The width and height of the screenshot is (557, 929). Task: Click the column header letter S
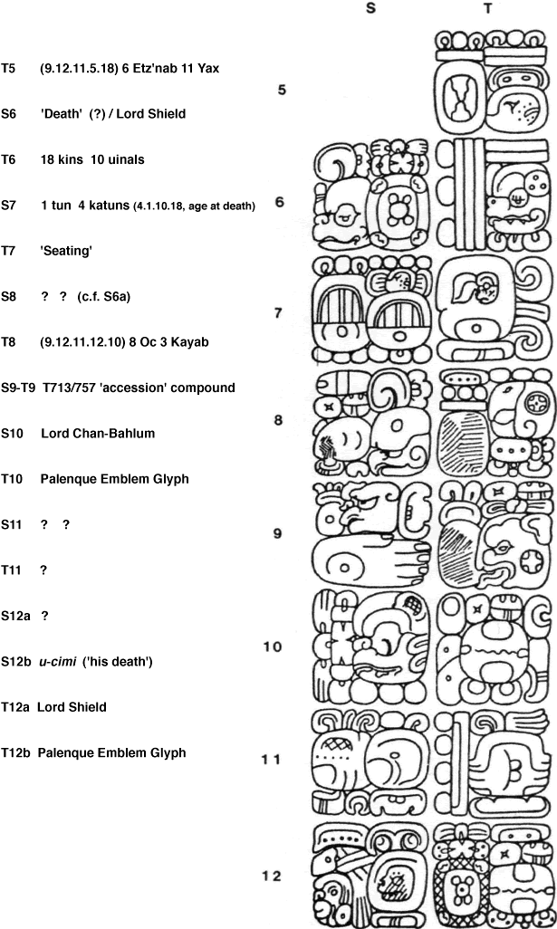[370, 8]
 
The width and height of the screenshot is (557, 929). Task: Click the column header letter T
[488, 8]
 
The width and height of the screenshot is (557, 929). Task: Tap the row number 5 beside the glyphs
[283, 90]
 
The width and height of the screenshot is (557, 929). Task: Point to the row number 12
[272, 876]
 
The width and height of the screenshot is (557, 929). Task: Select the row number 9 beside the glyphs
[278, 533]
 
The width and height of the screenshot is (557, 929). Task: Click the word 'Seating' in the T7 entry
[66, 251]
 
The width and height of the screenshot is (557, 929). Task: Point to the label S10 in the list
[14, 433]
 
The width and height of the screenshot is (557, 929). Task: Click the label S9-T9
[19, 388]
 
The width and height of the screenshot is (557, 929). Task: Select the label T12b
[16, 752]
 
